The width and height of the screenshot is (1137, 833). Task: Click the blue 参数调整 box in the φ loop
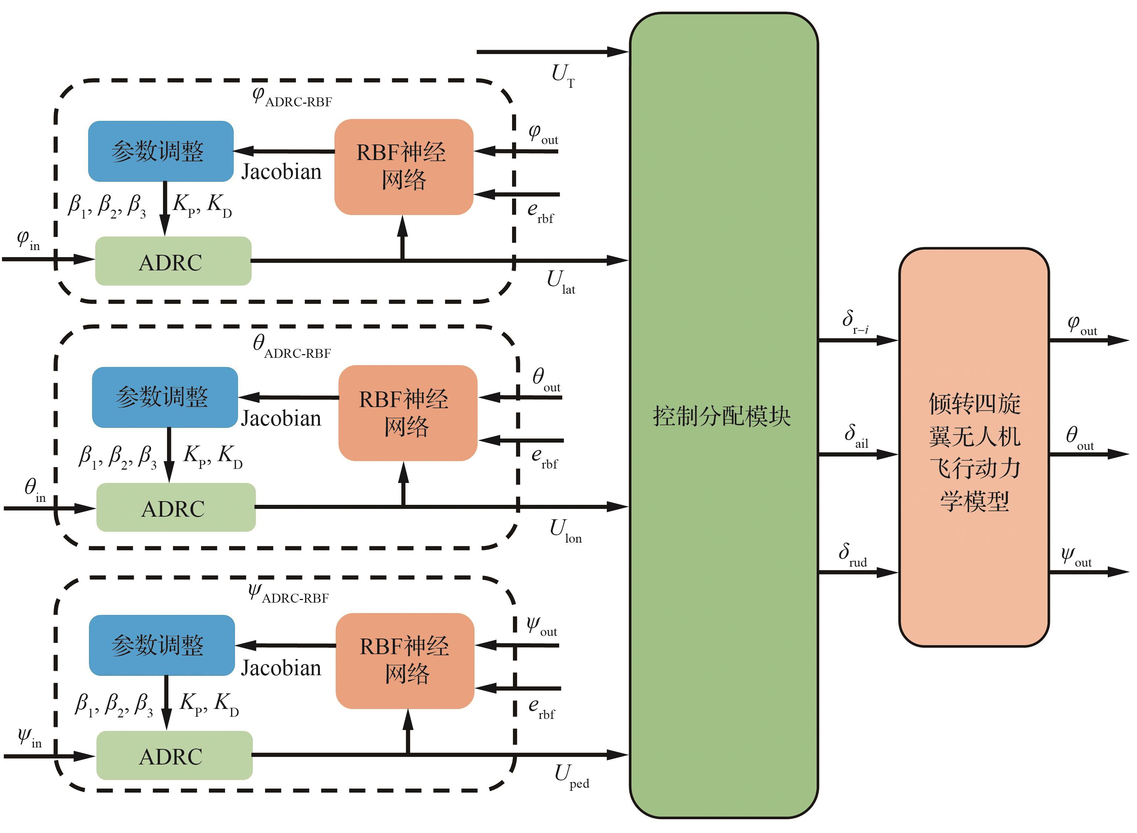160,151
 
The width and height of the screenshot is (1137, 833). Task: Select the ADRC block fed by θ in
175,508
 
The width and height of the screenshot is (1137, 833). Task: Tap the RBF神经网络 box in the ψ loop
405,660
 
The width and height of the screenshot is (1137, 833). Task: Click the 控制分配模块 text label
722,416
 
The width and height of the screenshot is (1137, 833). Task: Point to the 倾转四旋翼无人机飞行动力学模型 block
974,447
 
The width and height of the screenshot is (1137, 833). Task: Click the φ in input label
28,240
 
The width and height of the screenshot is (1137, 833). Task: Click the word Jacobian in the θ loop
281,419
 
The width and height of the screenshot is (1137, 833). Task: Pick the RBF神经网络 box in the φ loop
403,166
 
